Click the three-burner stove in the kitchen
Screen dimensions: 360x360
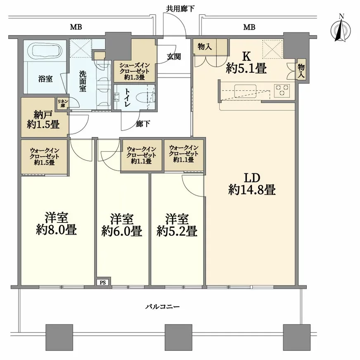[282, 90]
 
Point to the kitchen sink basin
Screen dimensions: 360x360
[245, 91]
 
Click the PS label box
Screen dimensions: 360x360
[103, 282]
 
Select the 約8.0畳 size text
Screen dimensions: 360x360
[56, 230]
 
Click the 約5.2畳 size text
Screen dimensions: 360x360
[177, 231]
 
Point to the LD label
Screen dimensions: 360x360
[252, 178]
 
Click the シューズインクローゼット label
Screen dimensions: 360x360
[135, 68]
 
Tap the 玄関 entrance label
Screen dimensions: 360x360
[174, 57]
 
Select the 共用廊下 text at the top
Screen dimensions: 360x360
[180, 9]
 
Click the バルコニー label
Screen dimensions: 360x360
[163, 306]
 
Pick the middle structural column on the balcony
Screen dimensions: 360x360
[178, 338]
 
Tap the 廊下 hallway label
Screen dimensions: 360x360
[143, 124]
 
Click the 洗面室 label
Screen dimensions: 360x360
[83, 81]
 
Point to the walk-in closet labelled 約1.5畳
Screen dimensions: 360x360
[44, 156]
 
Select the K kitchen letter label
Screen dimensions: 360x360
[246, 56]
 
